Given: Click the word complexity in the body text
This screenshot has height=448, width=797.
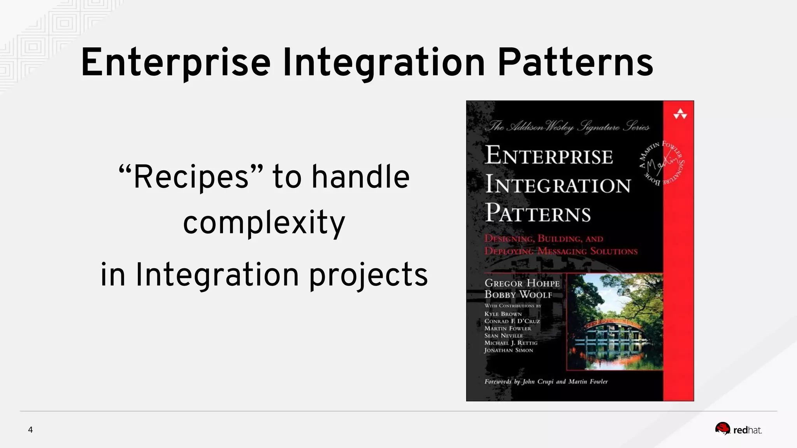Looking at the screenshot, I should pos(264,223).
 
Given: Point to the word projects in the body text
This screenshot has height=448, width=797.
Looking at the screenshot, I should pos(368,275).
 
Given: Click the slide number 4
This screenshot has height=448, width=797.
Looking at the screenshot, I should pos(30,430).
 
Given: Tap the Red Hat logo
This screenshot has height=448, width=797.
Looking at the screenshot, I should pos(738,429).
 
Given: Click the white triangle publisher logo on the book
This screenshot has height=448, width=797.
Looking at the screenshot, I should pos(680,114).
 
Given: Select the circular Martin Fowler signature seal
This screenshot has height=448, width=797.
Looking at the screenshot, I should pos(662,163).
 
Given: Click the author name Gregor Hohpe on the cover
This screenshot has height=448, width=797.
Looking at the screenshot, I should pos(522,283).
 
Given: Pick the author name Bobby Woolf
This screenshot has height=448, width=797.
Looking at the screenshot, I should pos(518,295).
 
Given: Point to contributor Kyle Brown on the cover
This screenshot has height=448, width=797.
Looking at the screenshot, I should pos(503,314).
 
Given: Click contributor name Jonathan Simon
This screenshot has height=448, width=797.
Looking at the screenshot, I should pos(508,350).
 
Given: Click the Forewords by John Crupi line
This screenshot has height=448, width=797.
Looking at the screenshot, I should pos(546,381).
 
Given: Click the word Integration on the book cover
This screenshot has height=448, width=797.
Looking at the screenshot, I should pos(558,185).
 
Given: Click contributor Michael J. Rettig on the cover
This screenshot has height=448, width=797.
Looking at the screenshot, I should pos(511,343).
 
